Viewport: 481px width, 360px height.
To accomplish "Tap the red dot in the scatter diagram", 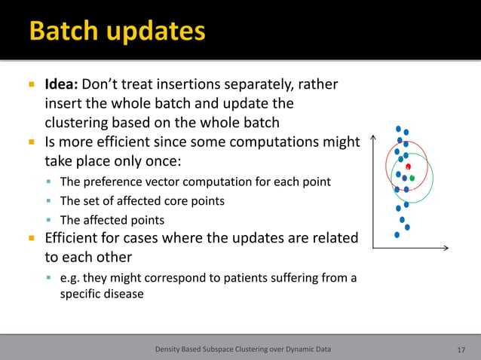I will point(408,166).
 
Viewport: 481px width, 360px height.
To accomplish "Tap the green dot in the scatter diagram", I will point(412,178).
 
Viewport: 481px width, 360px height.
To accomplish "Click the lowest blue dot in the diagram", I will point(397,234).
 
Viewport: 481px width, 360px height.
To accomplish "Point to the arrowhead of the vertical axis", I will point(375,138).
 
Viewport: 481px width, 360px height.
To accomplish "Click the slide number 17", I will point(461,349).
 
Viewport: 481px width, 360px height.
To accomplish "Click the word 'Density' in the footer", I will point(170,349).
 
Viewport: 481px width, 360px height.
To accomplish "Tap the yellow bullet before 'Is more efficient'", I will point(32,141).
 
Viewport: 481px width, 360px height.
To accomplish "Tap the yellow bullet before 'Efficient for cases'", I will point(32,239).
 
